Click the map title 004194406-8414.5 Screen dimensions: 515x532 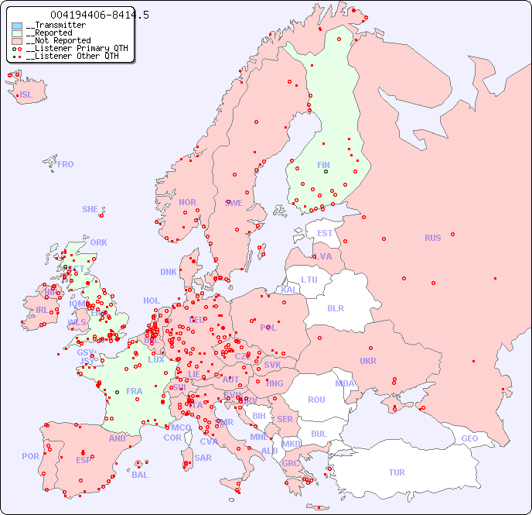tap(99, 15)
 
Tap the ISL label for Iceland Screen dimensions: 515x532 tap(26, 95)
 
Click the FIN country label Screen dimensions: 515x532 tap(323, 165)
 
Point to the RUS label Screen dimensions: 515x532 tap(432, 238)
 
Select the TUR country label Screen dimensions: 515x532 tap(397, 472)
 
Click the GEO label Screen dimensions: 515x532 tap(469, 438)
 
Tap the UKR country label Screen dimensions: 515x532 tap(368, 361)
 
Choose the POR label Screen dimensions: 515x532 tap(30, 456)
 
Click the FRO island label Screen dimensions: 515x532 tap(66, 164)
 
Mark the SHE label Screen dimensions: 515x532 tap(90, 209)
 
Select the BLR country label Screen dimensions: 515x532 tap(335, 307)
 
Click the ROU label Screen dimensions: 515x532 tap(316, 400)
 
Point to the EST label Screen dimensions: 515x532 tap(325, 233)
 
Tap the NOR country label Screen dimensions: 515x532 tap(187, 202)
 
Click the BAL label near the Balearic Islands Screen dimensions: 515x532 tap(140, 475)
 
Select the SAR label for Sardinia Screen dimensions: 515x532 tap(203, 458)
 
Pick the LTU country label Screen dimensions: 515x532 tap(309, 280)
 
